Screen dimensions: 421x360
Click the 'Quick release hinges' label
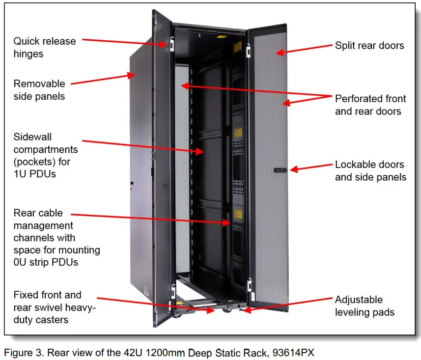pos(45,48)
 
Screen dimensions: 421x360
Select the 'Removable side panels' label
pos(39,90)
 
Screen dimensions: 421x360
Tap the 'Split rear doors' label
pos(369,46)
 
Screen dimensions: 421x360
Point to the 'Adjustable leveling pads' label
pos(365,306)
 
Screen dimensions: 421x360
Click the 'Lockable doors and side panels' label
pos(370,171)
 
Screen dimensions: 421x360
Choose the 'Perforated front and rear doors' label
pos(370,105)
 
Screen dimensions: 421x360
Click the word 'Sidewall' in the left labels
pos(32,137)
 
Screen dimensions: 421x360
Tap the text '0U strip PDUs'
pos(46,262)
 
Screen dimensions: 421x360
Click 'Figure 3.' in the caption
pos(24,353)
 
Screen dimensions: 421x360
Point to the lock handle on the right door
pos(281,170)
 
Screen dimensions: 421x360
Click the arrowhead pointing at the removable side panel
pos(131,75)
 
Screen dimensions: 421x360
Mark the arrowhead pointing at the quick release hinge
pos(163,44)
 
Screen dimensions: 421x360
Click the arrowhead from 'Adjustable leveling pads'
pos(247,310)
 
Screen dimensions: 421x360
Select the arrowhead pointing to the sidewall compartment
pos(199,152)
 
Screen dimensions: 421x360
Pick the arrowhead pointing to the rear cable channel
pos(226,222)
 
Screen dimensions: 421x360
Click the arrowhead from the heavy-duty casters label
pos(210,310)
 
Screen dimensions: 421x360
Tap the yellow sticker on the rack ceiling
pos(221,36)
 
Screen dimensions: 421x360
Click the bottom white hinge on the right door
pos(249,285)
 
